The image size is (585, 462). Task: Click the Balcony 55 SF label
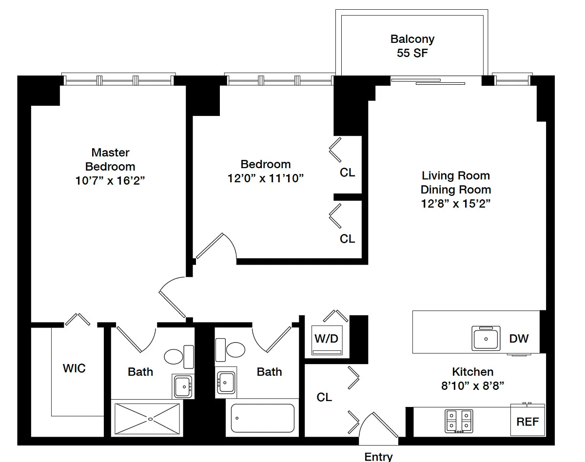click(412, 46)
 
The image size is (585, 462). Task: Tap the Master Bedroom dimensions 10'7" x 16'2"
click(110, 181)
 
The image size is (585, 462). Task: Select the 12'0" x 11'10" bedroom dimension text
click(265, 178)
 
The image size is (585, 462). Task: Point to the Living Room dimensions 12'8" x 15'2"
click(456, 204)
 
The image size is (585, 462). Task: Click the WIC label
click(74, 368)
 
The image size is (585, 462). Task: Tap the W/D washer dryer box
click(327, 340)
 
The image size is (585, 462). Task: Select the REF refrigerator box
click(527, 420)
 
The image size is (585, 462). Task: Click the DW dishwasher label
click(519, 339)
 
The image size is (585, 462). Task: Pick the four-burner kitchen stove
click(459, 421)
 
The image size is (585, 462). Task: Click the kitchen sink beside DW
click(486, 338)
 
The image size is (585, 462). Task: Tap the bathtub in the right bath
click(263, 418)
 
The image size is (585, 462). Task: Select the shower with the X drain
click(147, 419)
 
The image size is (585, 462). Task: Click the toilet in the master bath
click(179, 357)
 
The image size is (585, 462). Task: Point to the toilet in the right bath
click(230, 350)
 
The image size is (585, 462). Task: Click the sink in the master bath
click(183, 386)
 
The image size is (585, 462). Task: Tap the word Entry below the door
click(378, 457)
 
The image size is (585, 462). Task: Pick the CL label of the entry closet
click(324, 397)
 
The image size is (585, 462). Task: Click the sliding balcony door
click(428, 81)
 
